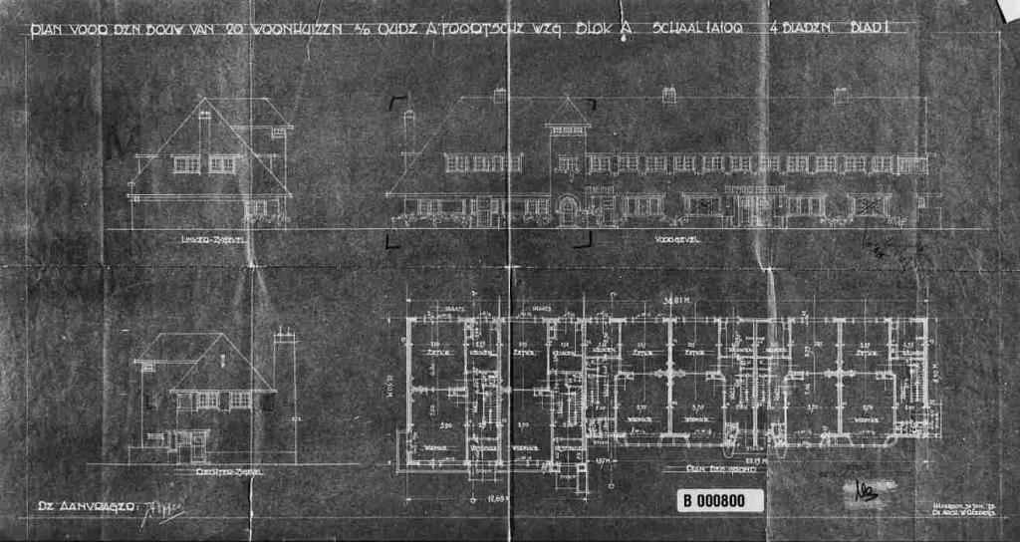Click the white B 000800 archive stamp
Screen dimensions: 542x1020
click(720, 500)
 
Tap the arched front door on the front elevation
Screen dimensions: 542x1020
click(568, 211)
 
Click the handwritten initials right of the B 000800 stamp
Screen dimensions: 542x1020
click(863, 490)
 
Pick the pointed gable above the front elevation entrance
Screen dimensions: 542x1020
click(569, 112)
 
